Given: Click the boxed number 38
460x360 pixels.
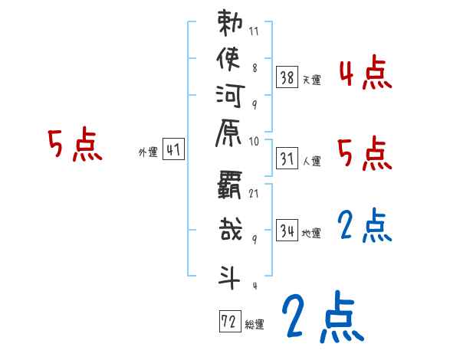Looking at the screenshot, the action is (x=287, y=77).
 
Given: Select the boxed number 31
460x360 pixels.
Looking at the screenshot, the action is (x=287, y=159).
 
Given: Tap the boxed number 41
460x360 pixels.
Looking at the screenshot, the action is (x=173, y=150).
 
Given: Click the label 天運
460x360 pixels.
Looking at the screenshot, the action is (x=311, y=80).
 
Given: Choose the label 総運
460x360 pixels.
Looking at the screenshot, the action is (x=255, y=325).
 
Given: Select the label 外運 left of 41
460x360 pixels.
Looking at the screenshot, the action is (x=147, y=152).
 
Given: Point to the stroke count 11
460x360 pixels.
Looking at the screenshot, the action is (x=253, y=33).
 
